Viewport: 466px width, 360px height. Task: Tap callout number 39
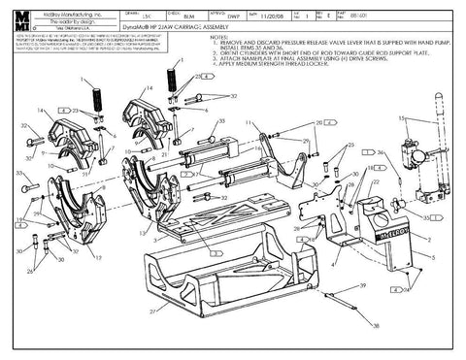(360, 288)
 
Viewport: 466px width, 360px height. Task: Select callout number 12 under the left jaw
(97, 256)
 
